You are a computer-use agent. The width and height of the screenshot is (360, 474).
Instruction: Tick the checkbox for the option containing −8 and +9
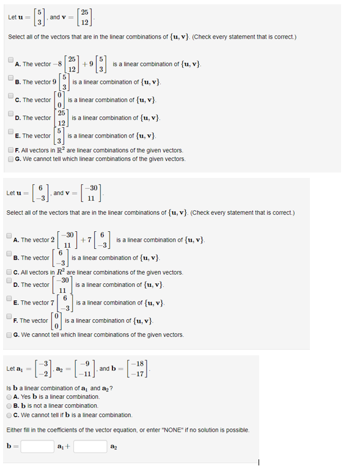click(x=11, y=60)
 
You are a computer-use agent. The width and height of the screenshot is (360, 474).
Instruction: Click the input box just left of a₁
click(x=38, y=446)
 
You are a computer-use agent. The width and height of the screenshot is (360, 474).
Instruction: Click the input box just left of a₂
click(x=90, y=446)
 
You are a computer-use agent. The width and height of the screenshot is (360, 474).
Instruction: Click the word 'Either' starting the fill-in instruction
click(x=14, y=431)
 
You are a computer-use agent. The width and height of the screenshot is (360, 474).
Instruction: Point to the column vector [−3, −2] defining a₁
click(x=35, y=369)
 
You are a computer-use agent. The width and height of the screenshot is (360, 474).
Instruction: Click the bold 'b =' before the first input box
click(x=10, y=446)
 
